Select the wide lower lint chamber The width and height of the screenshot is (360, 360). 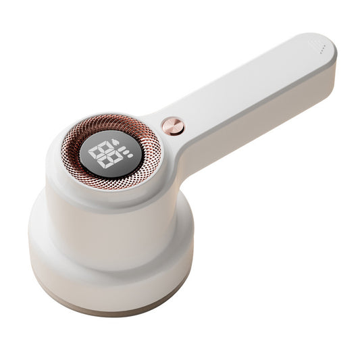click(x=108, y=263)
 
